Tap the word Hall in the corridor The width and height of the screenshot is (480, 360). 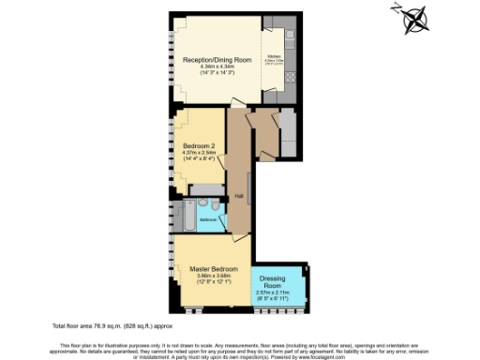239,196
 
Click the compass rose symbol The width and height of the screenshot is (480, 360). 414,19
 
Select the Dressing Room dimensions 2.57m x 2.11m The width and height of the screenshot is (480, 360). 277,298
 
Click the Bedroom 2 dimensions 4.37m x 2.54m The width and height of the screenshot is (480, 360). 199,156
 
